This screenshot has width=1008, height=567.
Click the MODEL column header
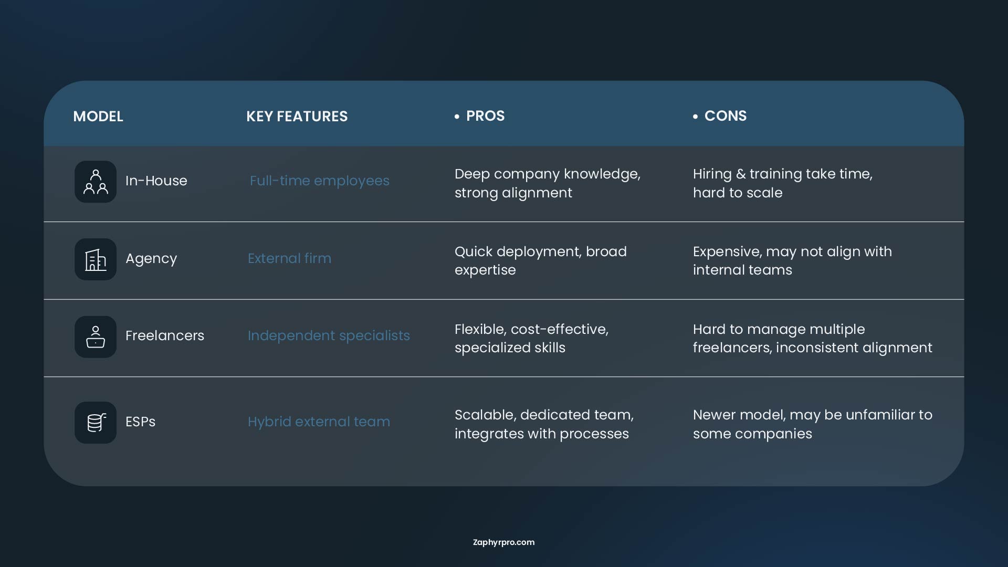click(98, 116)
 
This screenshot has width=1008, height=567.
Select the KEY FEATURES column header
click(297, 116)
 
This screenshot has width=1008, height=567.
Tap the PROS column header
click(485, 116)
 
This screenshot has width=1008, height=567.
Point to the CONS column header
click(725, 116)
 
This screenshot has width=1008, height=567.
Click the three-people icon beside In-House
click(96, 182)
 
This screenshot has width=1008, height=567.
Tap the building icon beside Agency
click(96, 259)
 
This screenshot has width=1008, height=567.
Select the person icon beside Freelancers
click(96, 337)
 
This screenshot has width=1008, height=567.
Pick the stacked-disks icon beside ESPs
click(96, 423)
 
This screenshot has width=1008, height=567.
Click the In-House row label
click(156, 181)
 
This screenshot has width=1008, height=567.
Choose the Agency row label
click(151, 259)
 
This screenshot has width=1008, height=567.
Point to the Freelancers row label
click(165, 335)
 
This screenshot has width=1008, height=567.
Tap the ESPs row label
click(140, 422)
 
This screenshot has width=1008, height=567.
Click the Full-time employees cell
click(320, 181)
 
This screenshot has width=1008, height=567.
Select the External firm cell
click(289, 258)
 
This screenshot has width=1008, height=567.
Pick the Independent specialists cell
click(329, 336)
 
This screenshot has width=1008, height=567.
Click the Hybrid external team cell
click(319, 422)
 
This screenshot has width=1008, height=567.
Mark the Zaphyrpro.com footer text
click(503, 542)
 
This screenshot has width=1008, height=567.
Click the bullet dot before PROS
click(457, 117)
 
